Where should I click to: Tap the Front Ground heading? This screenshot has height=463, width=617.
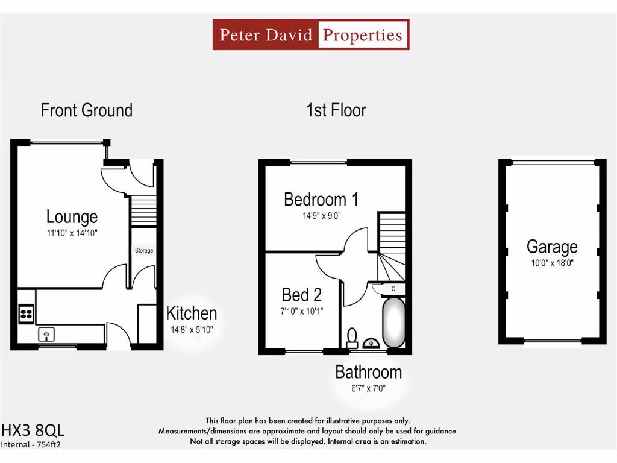tap(86, 110)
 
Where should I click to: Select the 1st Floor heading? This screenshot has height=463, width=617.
tap(336, 110)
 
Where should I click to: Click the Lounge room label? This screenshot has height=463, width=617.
tap(72, 217)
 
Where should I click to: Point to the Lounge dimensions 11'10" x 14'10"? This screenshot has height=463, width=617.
tap(72, 232)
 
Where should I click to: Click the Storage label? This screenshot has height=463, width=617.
tap(143, 250)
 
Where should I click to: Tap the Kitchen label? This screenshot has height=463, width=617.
tap(192, 313)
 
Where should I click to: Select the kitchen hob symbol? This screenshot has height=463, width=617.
tap(27, 313)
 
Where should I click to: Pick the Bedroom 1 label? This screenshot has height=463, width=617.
tap(321, 200)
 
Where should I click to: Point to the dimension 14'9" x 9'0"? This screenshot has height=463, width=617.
tap(322, 215)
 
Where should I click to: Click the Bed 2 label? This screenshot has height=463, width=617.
tap(302, 295)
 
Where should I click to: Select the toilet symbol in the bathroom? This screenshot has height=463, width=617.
tap(352, 335)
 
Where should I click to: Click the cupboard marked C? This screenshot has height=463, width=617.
tap(393, 289)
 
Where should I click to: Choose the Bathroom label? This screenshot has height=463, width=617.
tap(368, 373)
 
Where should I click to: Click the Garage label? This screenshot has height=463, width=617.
tap(552, 247)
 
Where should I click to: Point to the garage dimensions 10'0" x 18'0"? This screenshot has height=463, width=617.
tap(552, 263)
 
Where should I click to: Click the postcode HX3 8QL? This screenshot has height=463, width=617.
tap(33, 430)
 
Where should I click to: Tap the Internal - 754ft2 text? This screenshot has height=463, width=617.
tap(31, 445)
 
